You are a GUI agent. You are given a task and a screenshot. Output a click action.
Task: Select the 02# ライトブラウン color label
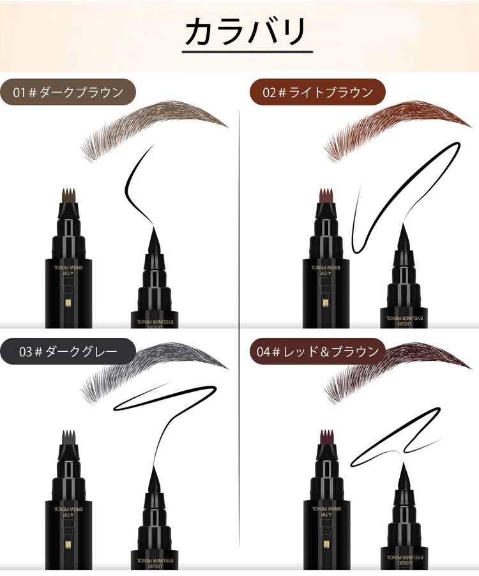tap(317, 92)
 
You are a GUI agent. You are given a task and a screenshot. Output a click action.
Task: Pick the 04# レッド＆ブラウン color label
tap(317, 351)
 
